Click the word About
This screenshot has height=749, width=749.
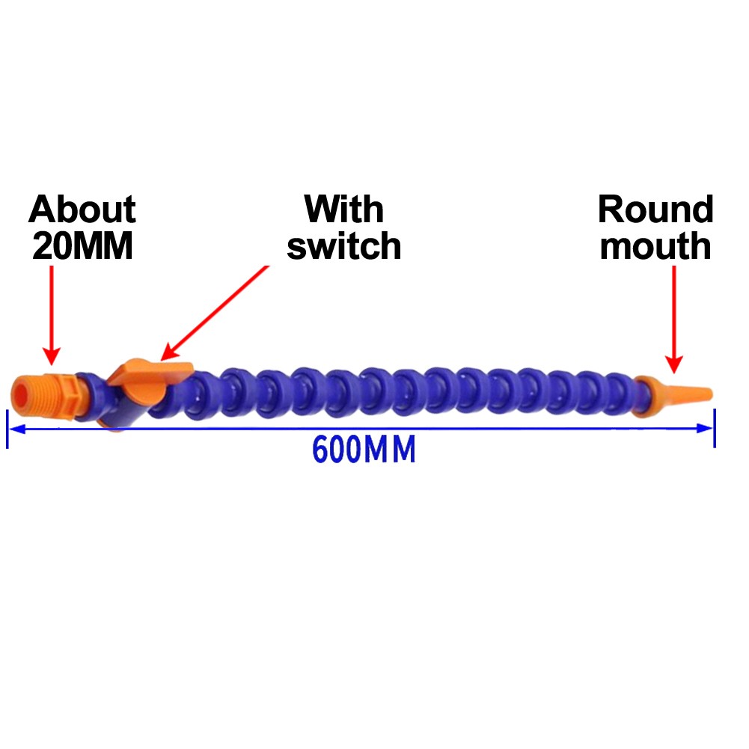click(x=82, y=211)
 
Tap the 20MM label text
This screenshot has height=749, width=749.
click(x=82, y=247)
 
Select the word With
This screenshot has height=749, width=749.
click(x=344, y=210)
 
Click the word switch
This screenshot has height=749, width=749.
click(x=344, y=246)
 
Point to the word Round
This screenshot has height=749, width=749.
click(x=655, y=210)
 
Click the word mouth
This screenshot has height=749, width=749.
click(x=655, y=246)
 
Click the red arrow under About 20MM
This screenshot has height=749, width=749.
click(x=51, y=314)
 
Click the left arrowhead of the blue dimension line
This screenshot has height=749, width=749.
click(x=16, y=428)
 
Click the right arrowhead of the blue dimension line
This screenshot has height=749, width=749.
click(x=706, y=428)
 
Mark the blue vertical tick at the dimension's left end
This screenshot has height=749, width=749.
click(x=7, y=428)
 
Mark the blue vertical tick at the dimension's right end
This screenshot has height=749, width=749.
click(x=715, y=428)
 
